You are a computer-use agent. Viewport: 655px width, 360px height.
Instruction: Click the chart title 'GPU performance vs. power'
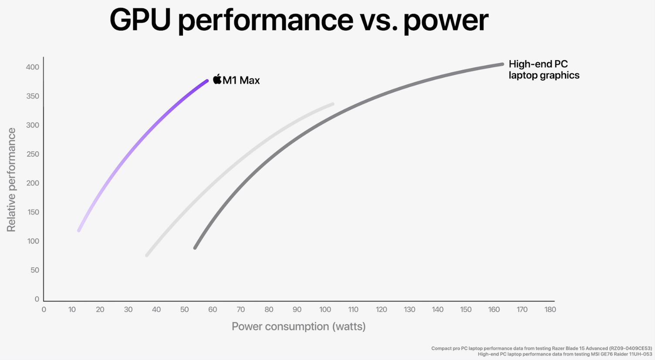(299, 20)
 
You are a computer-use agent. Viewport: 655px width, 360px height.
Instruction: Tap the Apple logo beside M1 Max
(217, 79)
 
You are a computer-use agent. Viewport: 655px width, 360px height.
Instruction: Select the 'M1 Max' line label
(241, 80)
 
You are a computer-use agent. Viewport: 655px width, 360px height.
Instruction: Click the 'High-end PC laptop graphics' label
(544, 70)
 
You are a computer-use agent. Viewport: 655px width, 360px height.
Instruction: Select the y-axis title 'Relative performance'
(11, 180)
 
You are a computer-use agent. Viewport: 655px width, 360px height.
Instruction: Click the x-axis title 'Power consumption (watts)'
(298, 326)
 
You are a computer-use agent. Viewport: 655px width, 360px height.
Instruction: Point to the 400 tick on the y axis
(33, 67)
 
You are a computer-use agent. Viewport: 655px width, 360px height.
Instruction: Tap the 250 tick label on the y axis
(33, 154)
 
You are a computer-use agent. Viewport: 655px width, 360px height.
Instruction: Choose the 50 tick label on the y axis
(34, 270)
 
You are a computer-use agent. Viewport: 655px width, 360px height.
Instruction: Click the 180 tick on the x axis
(550, 309)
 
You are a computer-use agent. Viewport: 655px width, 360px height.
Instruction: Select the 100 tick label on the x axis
(325, 309)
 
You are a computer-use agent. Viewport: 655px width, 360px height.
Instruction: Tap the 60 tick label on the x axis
(213, 309)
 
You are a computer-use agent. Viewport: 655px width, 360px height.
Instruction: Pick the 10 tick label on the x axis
(72, 309)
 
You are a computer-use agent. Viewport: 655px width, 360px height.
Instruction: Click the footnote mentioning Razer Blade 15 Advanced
(541, 348)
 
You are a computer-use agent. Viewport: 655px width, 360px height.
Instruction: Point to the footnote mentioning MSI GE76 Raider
(564, 354)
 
